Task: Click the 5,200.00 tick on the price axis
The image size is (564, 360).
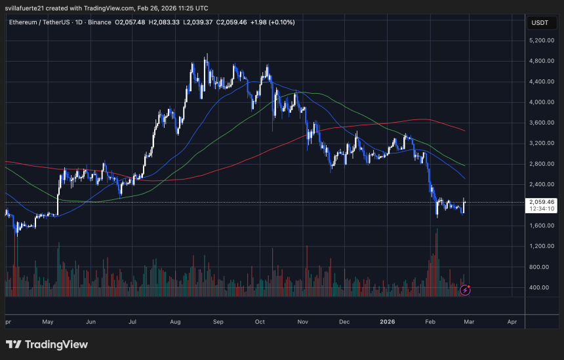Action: tap(541, 41)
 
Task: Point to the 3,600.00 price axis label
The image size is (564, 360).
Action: tap(541, 123)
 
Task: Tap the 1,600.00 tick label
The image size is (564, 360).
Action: tap(541, 226)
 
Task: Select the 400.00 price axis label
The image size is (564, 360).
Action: tap(541, 287)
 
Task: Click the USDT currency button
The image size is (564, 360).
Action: tap(539, 23)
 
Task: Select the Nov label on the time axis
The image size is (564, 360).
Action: tap(302, 322)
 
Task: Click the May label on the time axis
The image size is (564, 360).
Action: tap(47, 322)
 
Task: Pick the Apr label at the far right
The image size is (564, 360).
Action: tap(512, 322)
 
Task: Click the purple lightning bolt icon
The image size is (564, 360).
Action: tap(466, 289)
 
